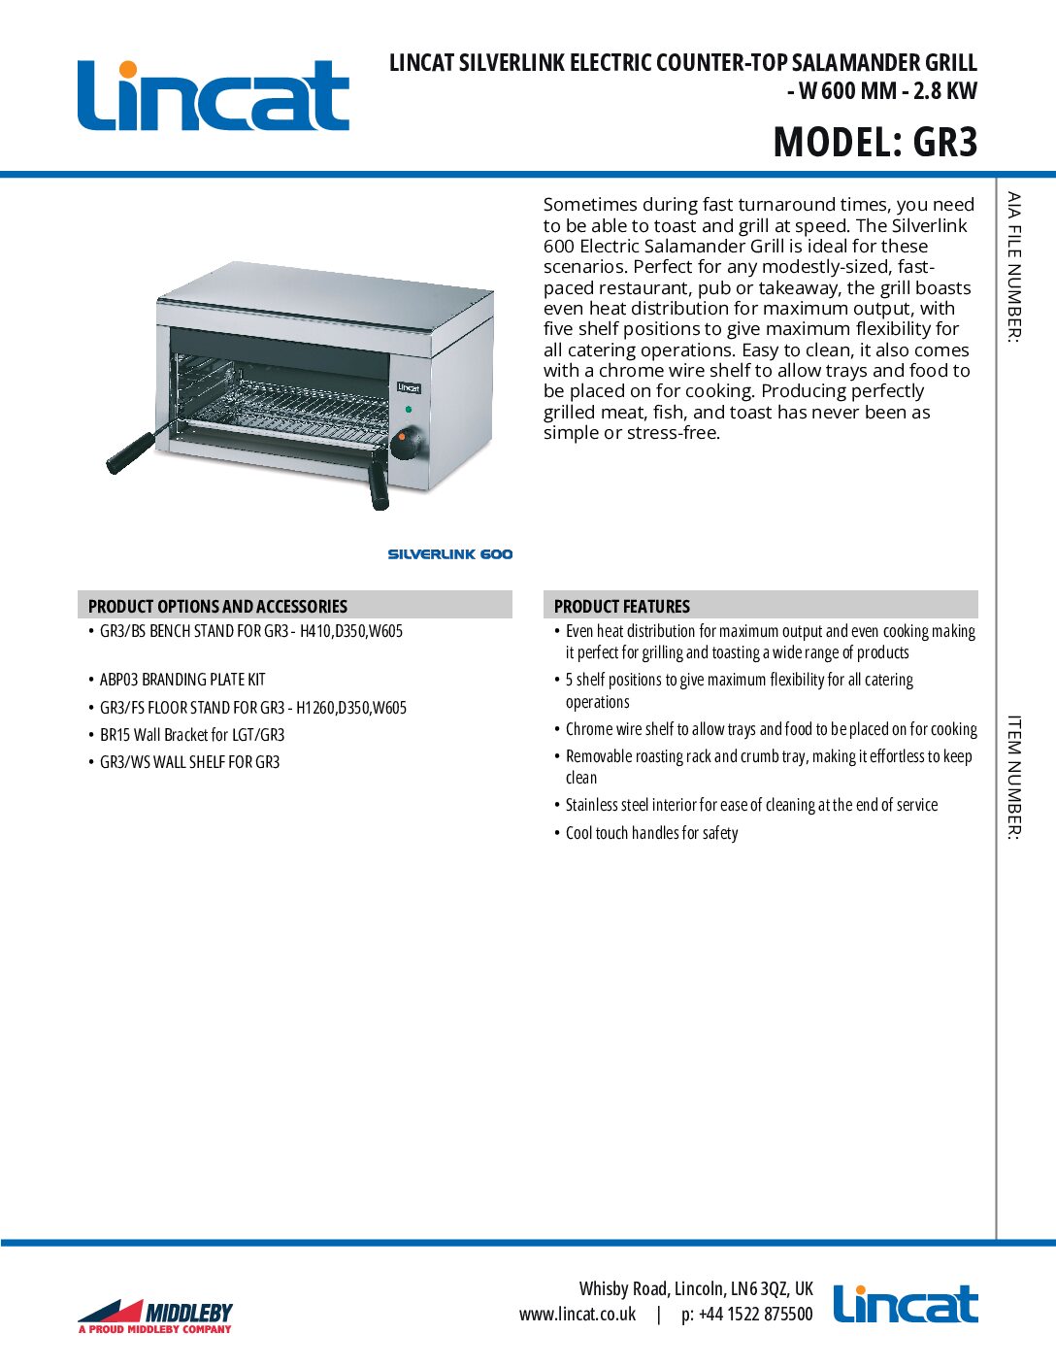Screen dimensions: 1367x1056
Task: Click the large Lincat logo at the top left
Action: (213, 95)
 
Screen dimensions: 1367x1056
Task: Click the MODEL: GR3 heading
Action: (874, 142)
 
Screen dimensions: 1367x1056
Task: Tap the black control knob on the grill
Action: (406, 444)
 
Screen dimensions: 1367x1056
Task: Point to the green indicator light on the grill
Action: (408, 410)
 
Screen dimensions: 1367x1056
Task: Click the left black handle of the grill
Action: (131, 453)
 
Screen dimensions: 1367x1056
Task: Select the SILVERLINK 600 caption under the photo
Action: (449, 554)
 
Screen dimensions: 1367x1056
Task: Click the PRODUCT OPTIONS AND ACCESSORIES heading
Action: (217, 606)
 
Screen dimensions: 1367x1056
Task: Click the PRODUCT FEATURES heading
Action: (621, 606)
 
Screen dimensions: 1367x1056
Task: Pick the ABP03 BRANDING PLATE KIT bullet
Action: (182, 680)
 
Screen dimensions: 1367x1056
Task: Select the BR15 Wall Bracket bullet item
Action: (192, 735)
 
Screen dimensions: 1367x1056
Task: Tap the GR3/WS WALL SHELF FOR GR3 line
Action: (189, 762)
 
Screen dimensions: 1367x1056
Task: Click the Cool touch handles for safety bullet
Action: (651, 833)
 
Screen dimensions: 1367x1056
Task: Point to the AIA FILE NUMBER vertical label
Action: (1013, 267)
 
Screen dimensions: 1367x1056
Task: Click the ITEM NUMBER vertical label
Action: (1013, 777)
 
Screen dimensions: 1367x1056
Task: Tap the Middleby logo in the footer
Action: (155, 1317)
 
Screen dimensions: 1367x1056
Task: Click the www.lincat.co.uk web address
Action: (577, 1315)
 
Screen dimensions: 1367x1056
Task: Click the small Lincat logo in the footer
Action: (905, 1304)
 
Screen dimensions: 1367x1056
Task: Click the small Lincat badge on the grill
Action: (409, 387)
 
